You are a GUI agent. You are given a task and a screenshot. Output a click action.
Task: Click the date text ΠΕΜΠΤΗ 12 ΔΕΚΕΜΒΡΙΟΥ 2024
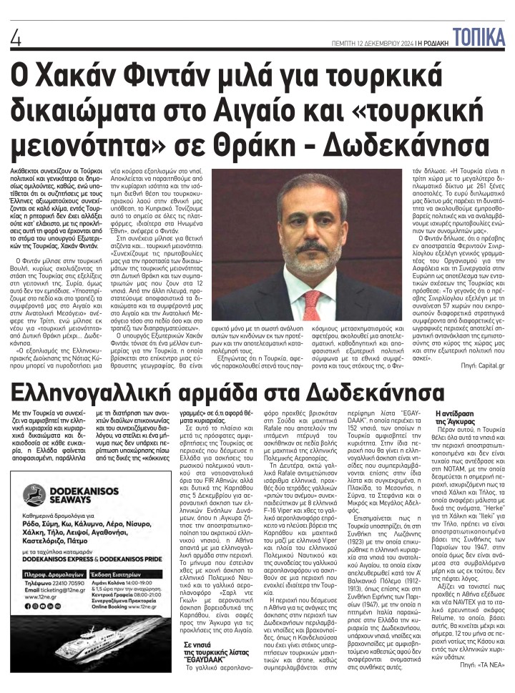point(373,44)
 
